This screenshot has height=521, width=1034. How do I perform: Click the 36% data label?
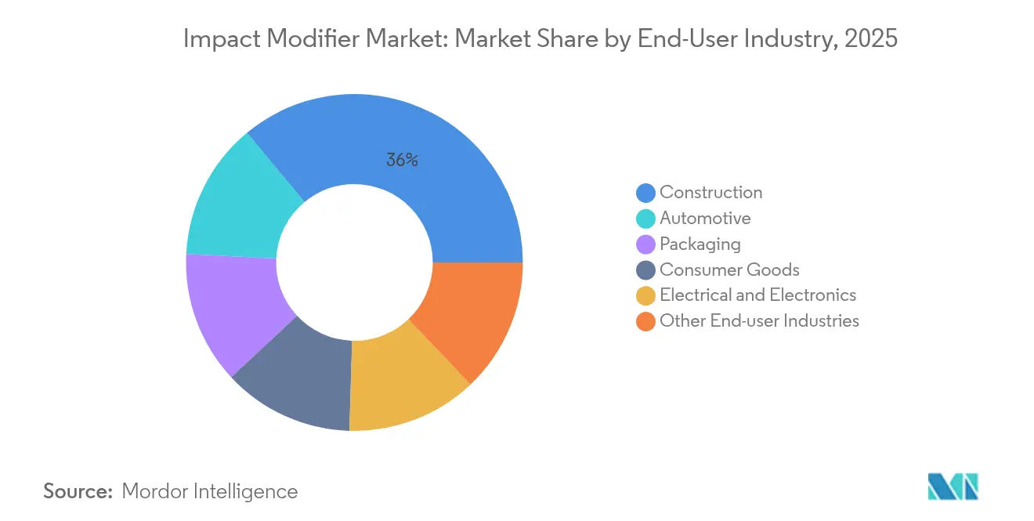pyautogui.click(x=402, y=161)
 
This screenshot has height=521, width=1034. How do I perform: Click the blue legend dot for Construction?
pyautogui.click(x=645, y=193)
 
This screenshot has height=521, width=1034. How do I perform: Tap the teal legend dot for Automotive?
pyautogui.click(x=645, y=219)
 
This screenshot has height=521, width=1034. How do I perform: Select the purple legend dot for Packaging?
pyautogui.click(x=645, y=244)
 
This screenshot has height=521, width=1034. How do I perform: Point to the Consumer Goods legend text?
pyautogui.click(x=729, y=270)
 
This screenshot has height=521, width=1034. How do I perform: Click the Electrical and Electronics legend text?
pyautogui.click(x=757, y=295)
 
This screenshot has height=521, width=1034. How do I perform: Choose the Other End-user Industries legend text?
pyautogui.click(x=759, y=321)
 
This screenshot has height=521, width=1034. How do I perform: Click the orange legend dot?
pyautogui.click(x=645, y=321)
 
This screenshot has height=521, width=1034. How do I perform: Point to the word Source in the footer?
pyautogui.click(x=78, y=491)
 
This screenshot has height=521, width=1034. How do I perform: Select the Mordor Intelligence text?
pyautogui.click(x=210, y=491)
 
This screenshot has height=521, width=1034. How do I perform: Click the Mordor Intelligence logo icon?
pyautogui.click(x=953, y=487)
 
